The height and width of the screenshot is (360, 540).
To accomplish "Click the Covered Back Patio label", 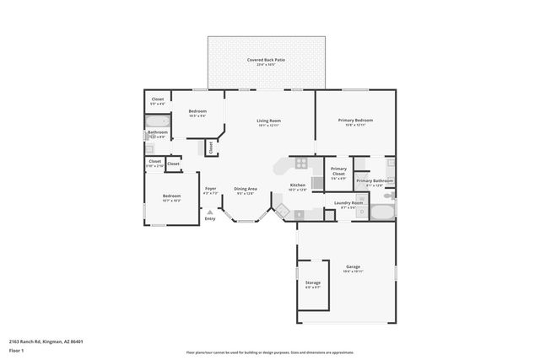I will [266, 61].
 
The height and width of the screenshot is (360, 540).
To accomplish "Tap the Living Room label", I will [268, 121].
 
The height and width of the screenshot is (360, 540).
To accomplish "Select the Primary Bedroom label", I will [355, 121].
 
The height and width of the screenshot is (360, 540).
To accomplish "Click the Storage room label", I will [312, 284].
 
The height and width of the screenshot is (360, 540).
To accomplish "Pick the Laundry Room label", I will [348, 203].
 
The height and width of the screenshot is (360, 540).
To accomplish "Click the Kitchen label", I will [297, 186].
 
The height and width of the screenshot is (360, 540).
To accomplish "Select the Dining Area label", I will [246, 190].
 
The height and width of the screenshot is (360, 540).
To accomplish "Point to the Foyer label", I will [211, 190].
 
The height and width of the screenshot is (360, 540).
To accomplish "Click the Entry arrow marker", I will [210, 213].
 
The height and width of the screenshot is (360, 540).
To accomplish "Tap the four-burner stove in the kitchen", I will [300, 163].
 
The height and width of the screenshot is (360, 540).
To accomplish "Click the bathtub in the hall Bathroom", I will [158, 123].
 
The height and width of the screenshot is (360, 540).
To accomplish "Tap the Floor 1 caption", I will [16, 349].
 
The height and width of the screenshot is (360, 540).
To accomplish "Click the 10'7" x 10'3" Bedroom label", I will [171, 198].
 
